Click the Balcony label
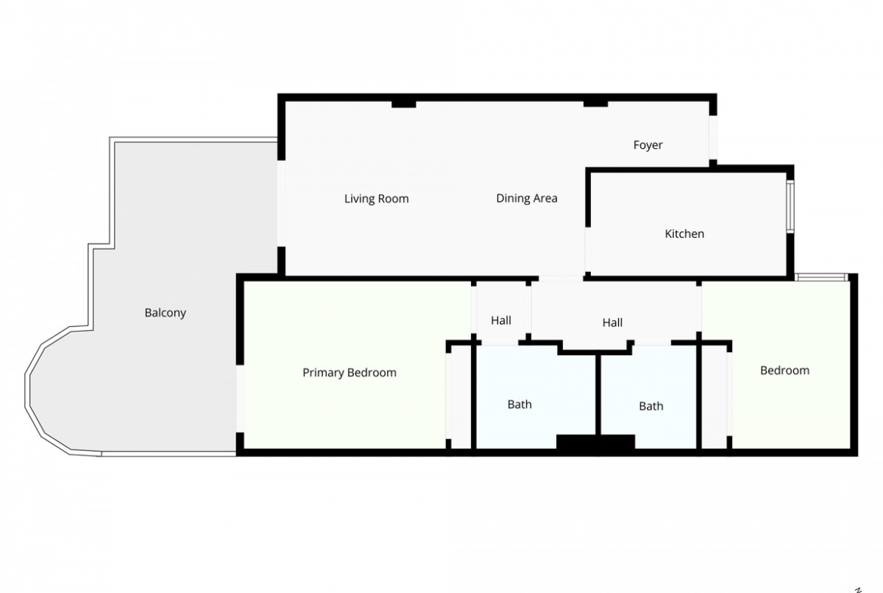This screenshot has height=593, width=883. tap(165, 313)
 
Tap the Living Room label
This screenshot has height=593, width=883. tap(376, 199)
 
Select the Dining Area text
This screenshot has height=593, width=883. tap(527, 199)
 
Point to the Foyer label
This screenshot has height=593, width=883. tap(648, 146)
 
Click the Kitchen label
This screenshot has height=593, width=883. tap(685, 234)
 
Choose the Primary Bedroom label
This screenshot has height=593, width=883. tap(349, 372)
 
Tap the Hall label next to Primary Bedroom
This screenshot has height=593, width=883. tap(500, 321)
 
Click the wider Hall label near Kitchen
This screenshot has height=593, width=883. tap(612, 323)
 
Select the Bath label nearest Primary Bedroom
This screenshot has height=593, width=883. tap(519, 404)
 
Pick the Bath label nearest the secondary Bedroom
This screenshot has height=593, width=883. tap(651, 406)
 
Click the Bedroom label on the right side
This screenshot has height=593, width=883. tap(784, 370)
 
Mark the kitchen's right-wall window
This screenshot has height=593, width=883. tap(790, 206)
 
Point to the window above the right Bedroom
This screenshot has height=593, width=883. tap(822, 276)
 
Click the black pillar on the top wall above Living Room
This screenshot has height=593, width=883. tap(404, 103)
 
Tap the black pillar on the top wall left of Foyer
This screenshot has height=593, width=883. tap(595, 103)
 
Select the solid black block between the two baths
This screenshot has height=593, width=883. tap(595, 442)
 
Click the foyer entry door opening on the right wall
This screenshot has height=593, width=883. tap(713, 137)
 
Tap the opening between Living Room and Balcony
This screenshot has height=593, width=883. tap(282, 203)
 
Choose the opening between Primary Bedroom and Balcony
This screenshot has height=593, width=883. tap(240, 399)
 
